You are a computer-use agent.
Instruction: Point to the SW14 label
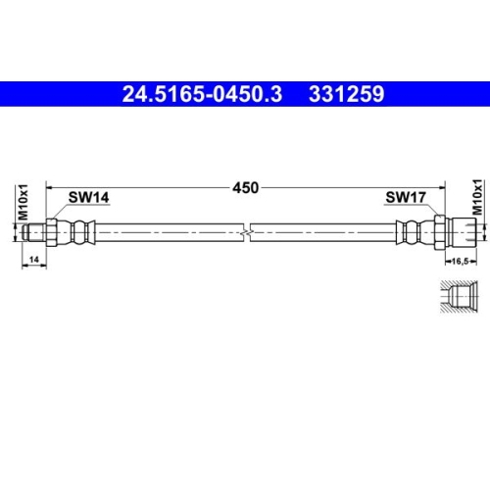click(87, 197)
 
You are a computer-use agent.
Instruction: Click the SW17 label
click(404, 197)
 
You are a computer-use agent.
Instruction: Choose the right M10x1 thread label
click(477, 196)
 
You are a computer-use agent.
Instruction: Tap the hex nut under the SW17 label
click(440, 231)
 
